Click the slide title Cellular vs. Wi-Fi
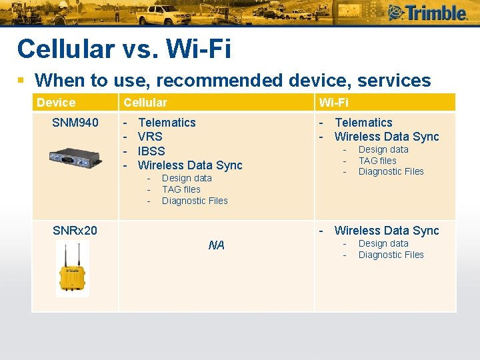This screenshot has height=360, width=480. click(x=124, y=49)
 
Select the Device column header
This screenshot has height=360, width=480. click(x=56, y=103)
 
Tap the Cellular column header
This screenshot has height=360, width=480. click(x=145, y=103)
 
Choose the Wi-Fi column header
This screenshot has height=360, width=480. click(x=334, y=103)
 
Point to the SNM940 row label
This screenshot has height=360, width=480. click(x=75, y=123)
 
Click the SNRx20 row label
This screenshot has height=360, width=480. click(x=75, y=231)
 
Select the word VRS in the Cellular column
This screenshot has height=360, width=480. click(x=151, y=137)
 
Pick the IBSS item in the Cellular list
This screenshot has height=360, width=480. click(x=151, y=151)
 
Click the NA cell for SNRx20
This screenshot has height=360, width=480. click(x=216, y=245)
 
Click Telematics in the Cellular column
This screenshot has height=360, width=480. click(x=167, y=123)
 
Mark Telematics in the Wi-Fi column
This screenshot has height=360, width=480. click(x=363, y=123)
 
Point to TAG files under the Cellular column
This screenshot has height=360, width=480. click(x=181, y=189)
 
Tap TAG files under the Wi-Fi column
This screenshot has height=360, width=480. click(x=377, y=161)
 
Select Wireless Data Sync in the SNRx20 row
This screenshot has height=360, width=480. click(x=387, y=231)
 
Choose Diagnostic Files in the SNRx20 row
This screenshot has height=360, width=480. click(x=391, y=255)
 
